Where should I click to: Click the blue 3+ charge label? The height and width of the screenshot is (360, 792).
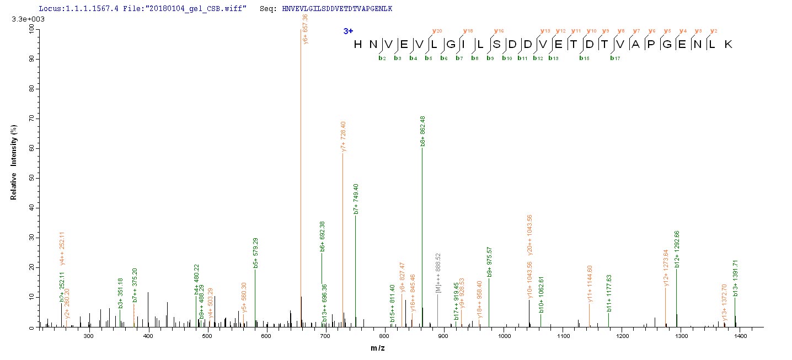click(x=348, y=31)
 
